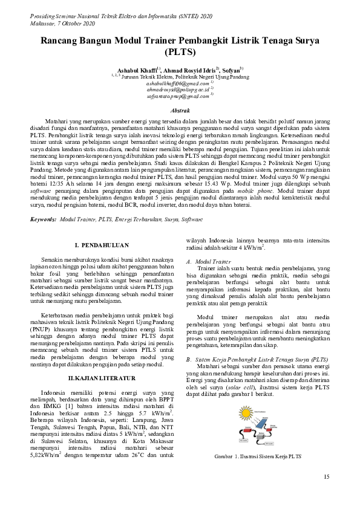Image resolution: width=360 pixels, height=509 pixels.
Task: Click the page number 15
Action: (327, 477)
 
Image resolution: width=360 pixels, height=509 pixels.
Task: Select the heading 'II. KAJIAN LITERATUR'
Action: (101, 360)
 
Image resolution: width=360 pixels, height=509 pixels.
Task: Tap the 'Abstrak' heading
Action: (181, 110)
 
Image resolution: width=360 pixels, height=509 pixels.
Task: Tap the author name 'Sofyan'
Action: (232, 70)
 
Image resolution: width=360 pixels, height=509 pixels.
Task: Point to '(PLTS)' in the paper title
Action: (180, 53)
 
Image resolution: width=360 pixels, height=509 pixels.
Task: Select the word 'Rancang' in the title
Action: (61, 41)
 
